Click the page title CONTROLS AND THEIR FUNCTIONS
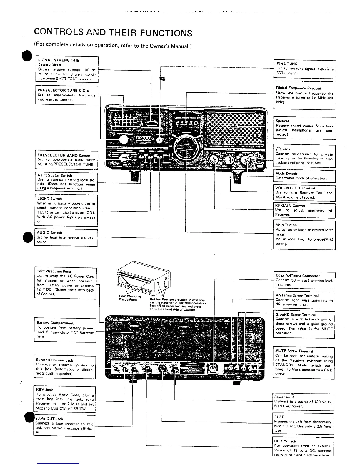(113, 33)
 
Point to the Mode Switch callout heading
(286, 174)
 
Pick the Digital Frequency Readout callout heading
(299, 88)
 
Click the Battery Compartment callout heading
(55, 323)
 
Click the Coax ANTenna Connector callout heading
(297, 276)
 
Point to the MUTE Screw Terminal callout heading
(294, 351)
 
